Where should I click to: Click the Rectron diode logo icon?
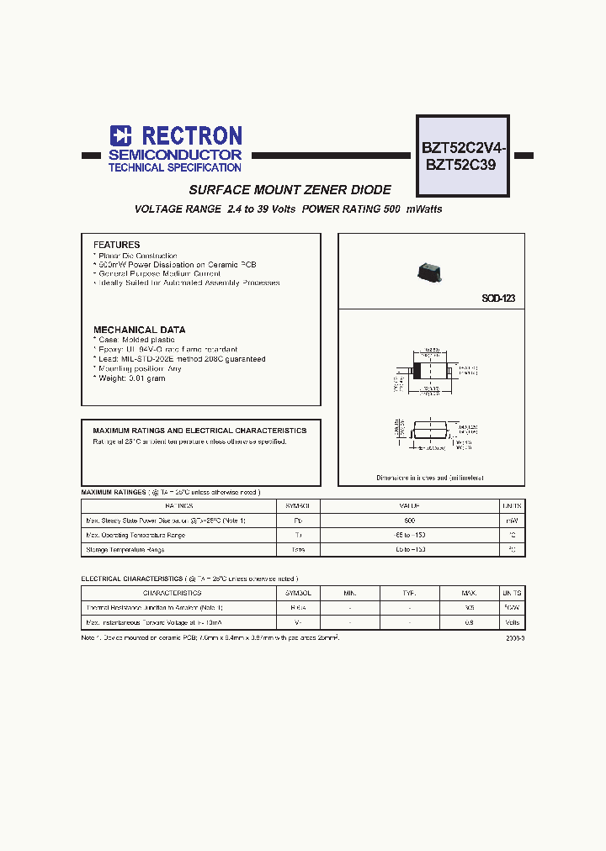[x=121, y=135]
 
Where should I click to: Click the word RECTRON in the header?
[x=191, y=135]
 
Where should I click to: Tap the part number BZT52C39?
[x=461, y=166]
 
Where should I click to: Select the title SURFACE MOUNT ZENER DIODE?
[x=290, y=190]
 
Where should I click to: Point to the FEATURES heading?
[x=116, y=245]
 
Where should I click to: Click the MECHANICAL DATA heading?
[x=139, y=330]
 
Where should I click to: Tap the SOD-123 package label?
[x=497, y=299]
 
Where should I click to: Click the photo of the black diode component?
[x=430, y=271]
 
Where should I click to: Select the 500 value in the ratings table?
[x=410, y=521]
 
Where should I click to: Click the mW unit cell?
[x=513, y=521]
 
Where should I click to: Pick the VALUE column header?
[x=410, y=506]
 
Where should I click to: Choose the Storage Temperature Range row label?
[x=125, y=549]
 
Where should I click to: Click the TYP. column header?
[x=410, y=593]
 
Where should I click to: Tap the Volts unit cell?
[x=513, y=622]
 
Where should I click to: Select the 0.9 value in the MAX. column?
[x=469, y=622]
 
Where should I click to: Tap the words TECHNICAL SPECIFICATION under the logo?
[x=175, y=167]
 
